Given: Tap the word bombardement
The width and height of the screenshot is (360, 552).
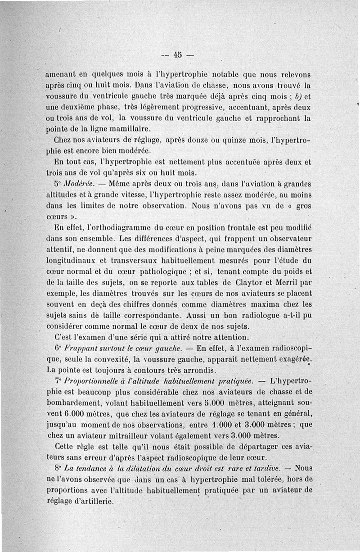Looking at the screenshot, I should coord(75,402).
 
